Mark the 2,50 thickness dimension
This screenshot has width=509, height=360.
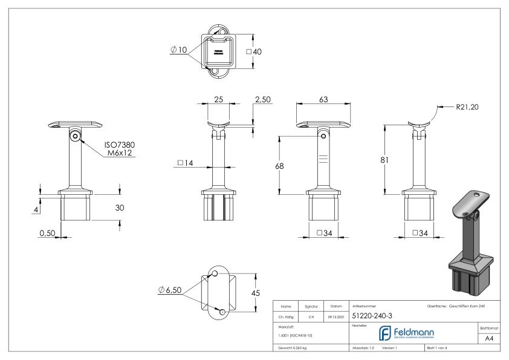coord(262,100)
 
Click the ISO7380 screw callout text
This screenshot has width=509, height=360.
coord(120,146)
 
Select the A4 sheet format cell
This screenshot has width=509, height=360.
coord(491,340)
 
